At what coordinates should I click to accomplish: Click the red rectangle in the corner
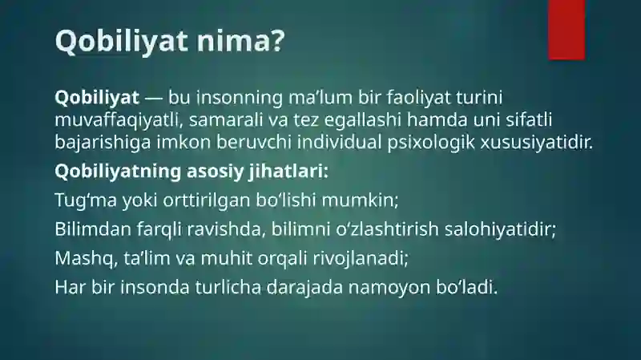pyautogui.click(x=566, y=30)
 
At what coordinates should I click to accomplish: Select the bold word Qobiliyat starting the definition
pyautogui.click(x=97, y=98)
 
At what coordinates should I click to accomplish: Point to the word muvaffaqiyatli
pyautogui.click(x=116, y=120)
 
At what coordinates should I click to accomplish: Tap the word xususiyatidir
pyautogui.click(x=536, y=143)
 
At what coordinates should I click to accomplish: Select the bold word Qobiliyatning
pyautogui.click(x=118, y=172)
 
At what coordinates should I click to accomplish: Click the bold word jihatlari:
pyautogui.click(x=288, y=172)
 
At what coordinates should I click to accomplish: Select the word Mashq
pyautogui.click(x=84, y=259)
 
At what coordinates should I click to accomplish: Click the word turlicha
pyautogui.click(x=228, y=287)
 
